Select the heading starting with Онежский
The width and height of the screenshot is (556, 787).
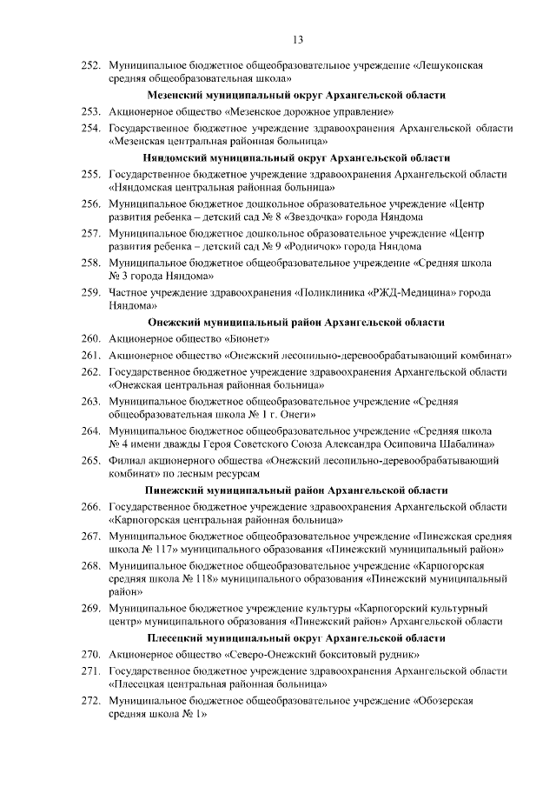tap(297, 322)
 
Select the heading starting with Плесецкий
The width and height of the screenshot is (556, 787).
tap(297, 637)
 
